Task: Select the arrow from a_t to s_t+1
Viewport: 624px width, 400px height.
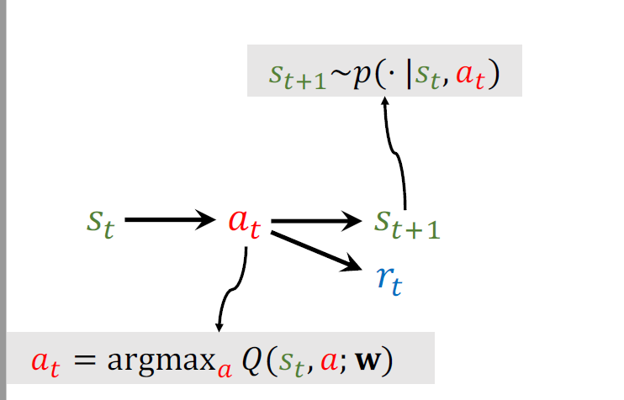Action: (x=316, y=221)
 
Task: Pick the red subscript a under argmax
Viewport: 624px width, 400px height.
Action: (x=224, y=370)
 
